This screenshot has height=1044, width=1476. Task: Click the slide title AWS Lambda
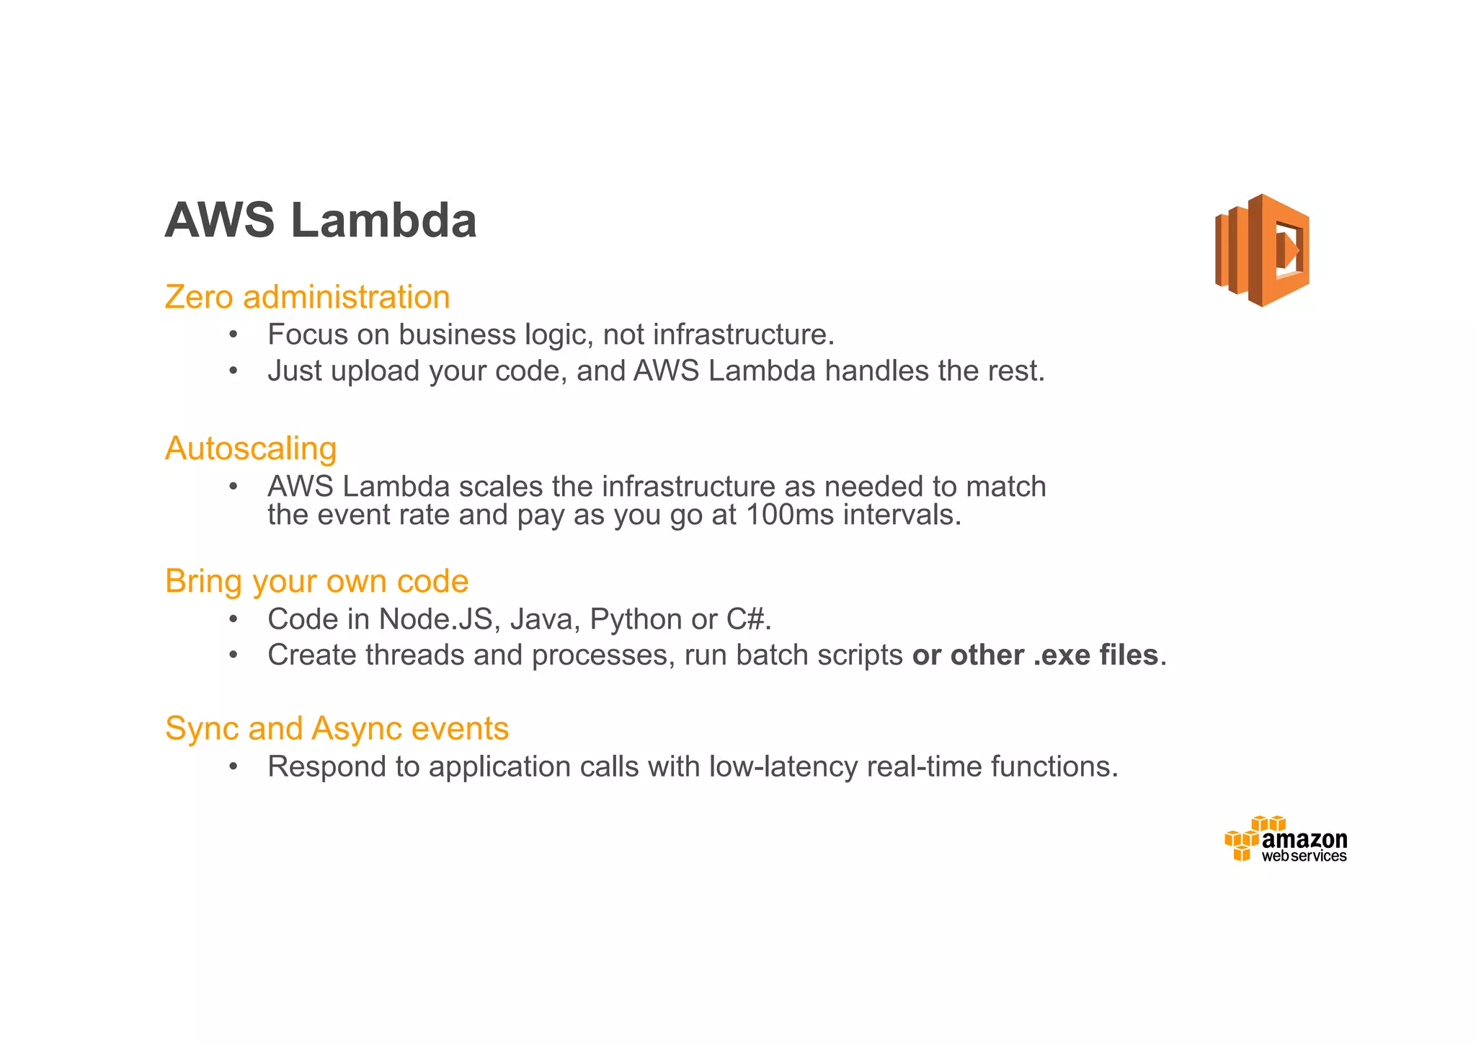pyautogui.click(x=321, y=221)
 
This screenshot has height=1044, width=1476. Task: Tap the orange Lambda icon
pyautogui.click(x=1263, y=250)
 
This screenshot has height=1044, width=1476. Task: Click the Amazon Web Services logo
pyautogui.click(x=1286, y=839)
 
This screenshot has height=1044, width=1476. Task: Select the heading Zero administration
pyautogui.click(x=307, y=297)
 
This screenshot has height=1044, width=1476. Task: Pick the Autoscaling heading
pyautogui.click(x=251, y=448)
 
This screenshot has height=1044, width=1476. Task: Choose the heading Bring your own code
pyautogui.click(x=316, y=581)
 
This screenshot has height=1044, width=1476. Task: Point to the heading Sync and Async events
pyautogui.click(x=337, y=728)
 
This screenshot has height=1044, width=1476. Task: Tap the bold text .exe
pyautogui.click(x=1062, y=655)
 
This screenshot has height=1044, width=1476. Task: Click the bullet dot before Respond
pyautogui.click(x=233, y=766)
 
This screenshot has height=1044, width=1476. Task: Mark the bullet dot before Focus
pyautogui.click(x=233, y=335)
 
